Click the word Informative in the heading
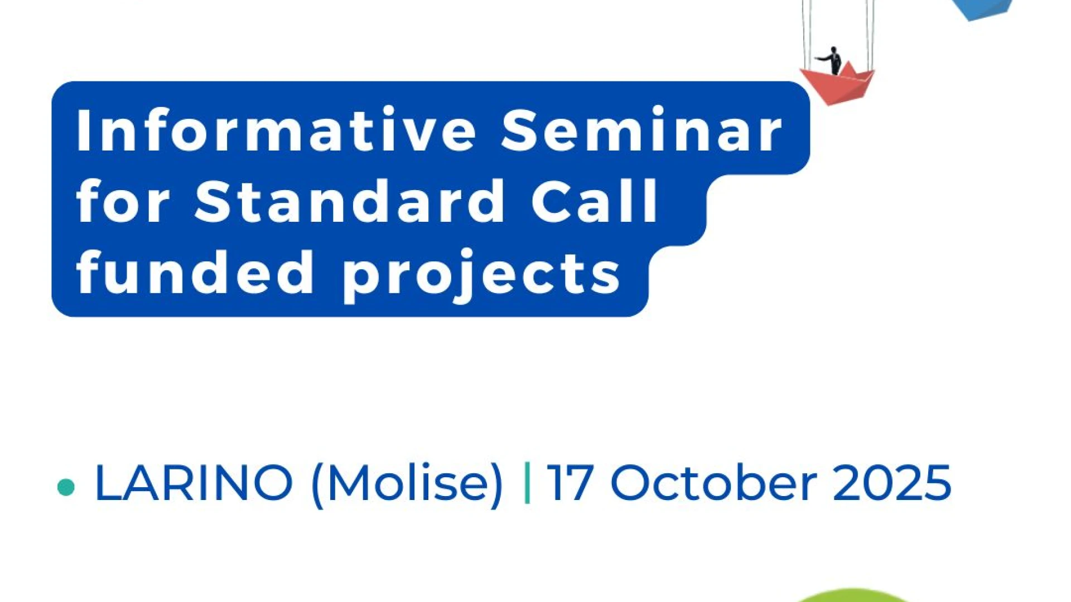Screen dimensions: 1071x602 (x=276, y=129)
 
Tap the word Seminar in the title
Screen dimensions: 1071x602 (x=641, y=129)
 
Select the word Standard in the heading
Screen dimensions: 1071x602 (x=350, y=201)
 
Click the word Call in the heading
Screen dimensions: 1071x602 (x=595, y=201)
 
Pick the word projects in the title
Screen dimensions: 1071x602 (x=481, y=276)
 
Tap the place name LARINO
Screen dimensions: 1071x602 (x=194, y=482)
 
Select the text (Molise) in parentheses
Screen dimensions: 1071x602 (x=407, y=484)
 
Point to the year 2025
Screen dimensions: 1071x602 (x=892, y=482)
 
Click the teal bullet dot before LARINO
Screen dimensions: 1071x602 (x=66, y=487)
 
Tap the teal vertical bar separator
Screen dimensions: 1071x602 (x=527, y=483)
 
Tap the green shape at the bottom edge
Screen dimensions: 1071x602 (x=852, y=596)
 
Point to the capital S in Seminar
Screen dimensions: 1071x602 (x=521, y=129)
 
